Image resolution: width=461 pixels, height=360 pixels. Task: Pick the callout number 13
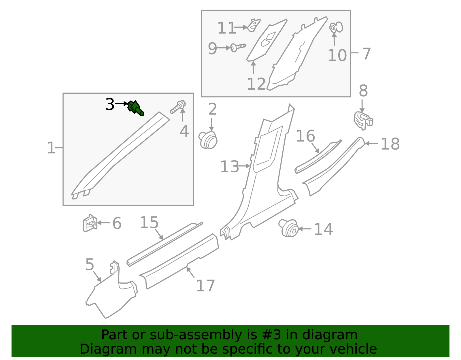pos(229,167)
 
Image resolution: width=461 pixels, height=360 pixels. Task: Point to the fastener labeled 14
pos(289,228)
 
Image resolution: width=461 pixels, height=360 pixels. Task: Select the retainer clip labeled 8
pos(363,120)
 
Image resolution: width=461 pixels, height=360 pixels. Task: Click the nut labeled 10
pos(336,27)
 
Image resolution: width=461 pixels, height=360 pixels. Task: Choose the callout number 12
pos(256,84)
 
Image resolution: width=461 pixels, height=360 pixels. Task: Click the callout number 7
pos(366,54)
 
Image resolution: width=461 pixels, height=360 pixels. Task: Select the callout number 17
pos(205,286)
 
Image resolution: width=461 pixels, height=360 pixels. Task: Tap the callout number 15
pos(149,223)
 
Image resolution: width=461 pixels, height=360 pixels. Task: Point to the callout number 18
pos(390,144)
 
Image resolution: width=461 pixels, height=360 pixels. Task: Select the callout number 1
pos(51,148)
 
